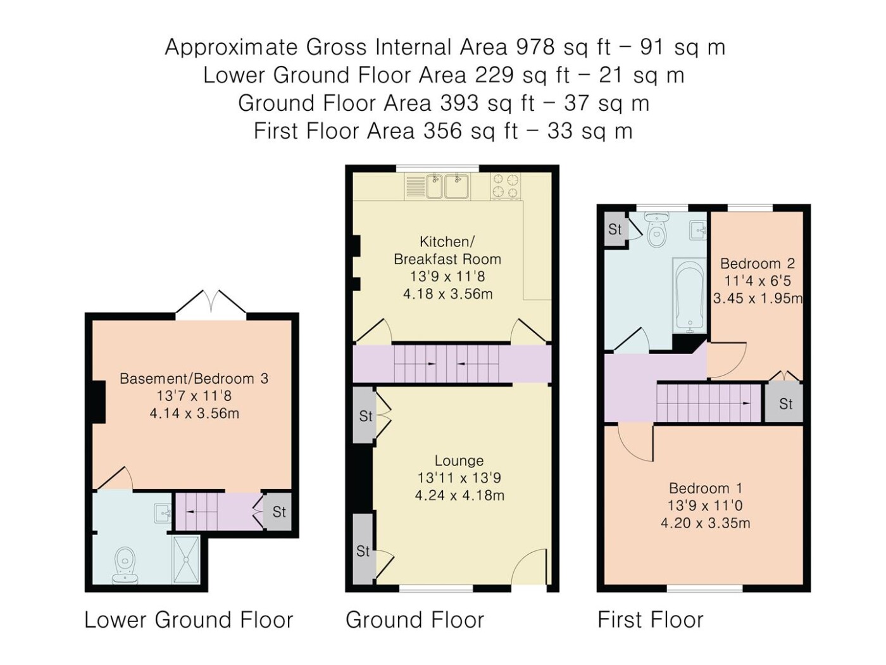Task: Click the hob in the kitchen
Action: pyautogui.click(x=505, y=186)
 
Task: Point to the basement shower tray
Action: pyautogui.click(x=186, y=559)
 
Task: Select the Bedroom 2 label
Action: pyautogui.click(x=758, y=263)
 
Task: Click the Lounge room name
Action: pyautogui.click(x=459, y=460)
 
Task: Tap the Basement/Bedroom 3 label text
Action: pyautogui.click(x=194, y=378)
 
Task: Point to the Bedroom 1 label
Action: pyautogui.click(x=705, y=488)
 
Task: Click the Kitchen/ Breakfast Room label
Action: pyautogui.click(x=447, y=250)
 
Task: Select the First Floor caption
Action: pyautogui.click(x=651, y=619)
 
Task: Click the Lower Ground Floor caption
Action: pyautogui.click(x=189, y=619)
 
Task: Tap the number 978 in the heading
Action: pyautogui.click(x=535, y=47)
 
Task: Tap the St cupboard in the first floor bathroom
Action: pyautogui.click(x=615, y=229)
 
